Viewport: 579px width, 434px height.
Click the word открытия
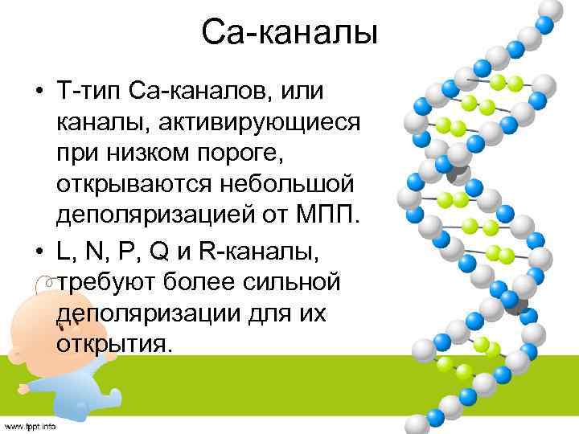tap(112, 343)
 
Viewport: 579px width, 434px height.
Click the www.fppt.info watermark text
tap(30, 426)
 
